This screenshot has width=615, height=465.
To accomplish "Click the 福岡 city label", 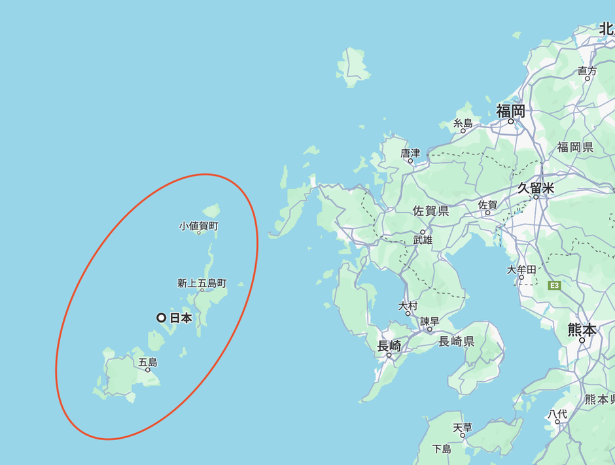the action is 510,111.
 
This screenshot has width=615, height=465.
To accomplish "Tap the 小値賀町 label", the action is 199,226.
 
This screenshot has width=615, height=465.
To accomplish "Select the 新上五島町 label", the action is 202,283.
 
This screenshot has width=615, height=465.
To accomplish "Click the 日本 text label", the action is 181,319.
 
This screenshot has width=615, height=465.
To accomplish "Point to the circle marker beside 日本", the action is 162,318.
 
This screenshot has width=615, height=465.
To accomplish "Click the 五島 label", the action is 148,362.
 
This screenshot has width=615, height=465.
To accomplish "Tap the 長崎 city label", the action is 389,347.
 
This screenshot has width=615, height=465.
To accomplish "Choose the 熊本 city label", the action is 582,330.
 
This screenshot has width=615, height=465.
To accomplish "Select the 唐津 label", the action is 410,153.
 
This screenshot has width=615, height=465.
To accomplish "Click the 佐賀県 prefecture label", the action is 430,211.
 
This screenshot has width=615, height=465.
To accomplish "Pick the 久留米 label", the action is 535,188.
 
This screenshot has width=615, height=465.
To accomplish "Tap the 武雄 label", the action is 423,240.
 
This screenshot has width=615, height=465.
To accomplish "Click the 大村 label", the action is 408,305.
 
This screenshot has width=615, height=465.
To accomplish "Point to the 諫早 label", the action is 430,321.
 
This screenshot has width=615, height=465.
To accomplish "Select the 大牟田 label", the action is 521,269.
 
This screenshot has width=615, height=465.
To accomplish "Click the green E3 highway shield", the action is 555,285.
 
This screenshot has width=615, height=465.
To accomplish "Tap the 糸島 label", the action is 463,123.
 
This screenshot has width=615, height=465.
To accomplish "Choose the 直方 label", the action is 588,71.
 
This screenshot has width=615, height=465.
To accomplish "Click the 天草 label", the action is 462,428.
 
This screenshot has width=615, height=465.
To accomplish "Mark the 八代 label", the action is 557,413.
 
